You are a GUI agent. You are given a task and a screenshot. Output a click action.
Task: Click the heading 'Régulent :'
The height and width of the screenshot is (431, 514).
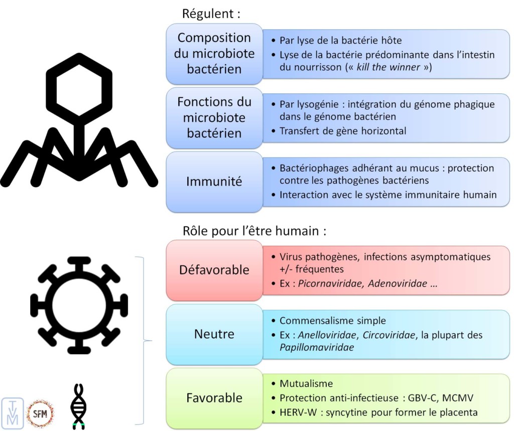click(211, 14)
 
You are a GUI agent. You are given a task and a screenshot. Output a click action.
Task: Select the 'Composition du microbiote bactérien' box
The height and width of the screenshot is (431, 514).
click(214, 53)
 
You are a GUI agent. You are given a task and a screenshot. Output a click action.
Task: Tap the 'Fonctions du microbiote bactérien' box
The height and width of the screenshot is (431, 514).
click(214, 117)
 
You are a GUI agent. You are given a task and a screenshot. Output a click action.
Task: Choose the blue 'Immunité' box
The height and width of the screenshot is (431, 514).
click(214, 182)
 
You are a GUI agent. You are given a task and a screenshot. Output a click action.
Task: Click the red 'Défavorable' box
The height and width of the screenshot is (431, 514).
click(214, 270)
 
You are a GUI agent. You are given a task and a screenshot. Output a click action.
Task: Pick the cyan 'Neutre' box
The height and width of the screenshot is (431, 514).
click(214, 334)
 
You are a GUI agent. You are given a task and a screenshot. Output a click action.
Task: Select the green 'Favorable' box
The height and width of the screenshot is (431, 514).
click(214, 398)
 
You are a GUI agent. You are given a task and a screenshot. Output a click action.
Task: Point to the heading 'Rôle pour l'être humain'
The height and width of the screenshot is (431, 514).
click(255, 231)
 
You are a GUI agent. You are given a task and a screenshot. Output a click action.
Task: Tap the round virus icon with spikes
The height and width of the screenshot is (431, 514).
click(79, 305)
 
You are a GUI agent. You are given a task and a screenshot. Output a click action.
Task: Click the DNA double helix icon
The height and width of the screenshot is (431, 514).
click(77, 405)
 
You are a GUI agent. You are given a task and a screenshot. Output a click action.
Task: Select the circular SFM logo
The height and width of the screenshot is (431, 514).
click(40, 413)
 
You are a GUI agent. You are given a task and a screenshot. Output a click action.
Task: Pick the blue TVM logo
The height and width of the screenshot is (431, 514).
click(13, 413)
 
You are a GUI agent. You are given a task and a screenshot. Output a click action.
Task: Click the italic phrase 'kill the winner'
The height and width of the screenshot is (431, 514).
click(388, 67)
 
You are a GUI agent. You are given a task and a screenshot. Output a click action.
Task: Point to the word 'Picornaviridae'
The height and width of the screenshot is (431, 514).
click(331, 283)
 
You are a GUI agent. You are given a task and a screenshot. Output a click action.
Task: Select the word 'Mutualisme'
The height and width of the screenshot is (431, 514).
click(306, 384)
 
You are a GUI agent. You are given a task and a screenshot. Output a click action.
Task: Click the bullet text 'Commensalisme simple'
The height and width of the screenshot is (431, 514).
click(333, 321)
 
